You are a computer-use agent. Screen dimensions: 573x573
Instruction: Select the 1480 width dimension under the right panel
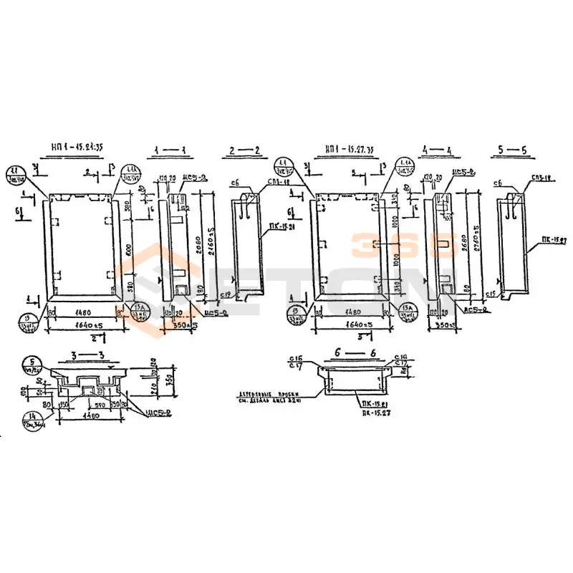350,312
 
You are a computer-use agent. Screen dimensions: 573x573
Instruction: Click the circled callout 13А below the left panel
140,314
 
